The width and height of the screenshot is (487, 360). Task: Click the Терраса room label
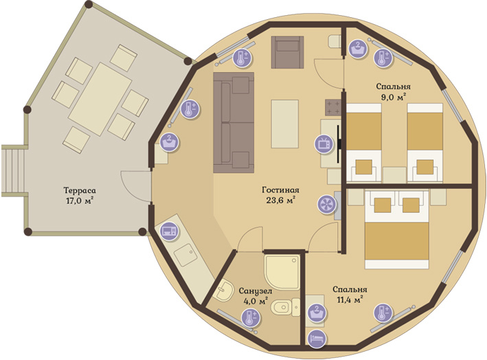click(x=80, y=190)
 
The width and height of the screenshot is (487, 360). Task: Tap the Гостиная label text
click(x=280, y=190)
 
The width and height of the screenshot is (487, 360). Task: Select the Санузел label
click(x=256, y=291)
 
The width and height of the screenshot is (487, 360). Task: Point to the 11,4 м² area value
click(x=350, y=300)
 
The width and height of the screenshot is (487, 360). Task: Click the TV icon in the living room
click(x=324, y=144)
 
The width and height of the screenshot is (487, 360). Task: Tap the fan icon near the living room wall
click(x=327, y=204)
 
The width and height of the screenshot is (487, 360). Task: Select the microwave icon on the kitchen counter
click(x=169, y=232)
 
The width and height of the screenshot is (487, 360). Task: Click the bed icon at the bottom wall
click(x=317, y=338)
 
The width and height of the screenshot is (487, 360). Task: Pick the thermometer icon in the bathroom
click(x=251, y=318)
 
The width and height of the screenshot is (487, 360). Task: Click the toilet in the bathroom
click(x=285, y=308)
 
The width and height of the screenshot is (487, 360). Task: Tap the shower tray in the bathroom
click(x=282, y=273)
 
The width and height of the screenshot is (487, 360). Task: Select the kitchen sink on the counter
click(x=185, y=255)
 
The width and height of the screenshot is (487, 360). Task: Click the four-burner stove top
click(x=333, y=107)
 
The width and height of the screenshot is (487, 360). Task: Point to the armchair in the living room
click(x=287, y=52)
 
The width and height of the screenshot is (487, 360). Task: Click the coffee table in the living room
click(x=285, y=124)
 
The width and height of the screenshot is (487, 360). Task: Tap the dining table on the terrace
click(x=100, y=99)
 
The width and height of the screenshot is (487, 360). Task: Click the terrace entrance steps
click(x=13, y=170)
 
